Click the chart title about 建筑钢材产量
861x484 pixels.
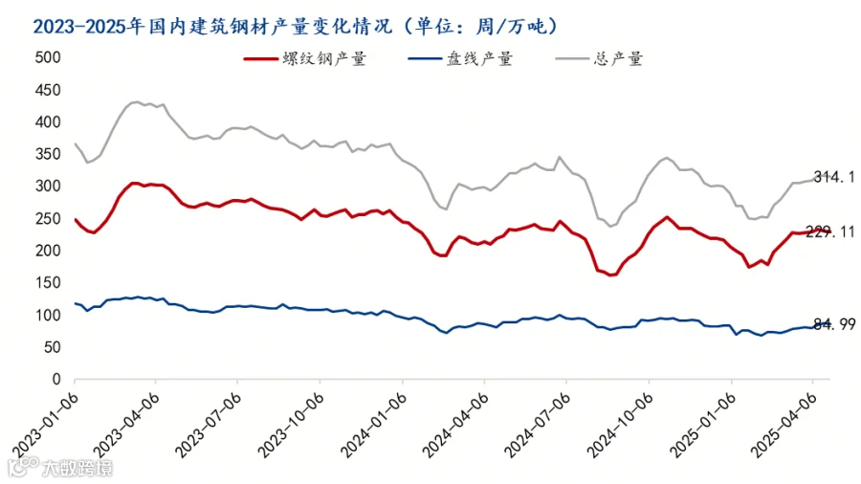(x=295, y=26)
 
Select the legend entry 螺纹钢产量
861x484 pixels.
(x=305, y=58)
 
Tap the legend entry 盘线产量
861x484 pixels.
(x=460, y=58)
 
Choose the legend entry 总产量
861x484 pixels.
(x=599, y=58)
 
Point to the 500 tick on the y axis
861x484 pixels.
(x=48, y=57)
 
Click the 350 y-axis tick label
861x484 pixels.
(x=48, y=154)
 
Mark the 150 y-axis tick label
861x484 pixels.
(x=48, y=282)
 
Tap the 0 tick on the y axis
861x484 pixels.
(x=56, y=379)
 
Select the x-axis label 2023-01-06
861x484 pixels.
(x=46, y=426)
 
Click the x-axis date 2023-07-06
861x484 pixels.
(x=209, y=426)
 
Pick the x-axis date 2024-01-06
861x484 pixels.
(x=373, y=426)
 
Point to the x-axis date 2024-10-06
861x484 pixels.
(x=621, y=426)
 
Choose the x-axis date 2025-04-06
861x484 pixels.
(x=784, y=426)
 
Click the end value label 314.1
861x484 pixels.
(x=834, y=177)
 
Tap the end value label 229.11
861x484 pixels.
(x=830, y=232)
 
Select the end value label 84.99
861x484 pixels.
(x=834, y=325)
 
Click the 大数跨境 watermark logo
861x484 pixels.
(x=60, y=467)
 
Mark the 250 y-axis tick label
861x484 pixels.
(x=48, y=218)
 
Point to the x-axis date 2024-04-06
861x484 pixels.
(x=455, y=426)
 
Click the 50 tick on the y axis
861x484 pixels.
(x=53, y=347)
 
